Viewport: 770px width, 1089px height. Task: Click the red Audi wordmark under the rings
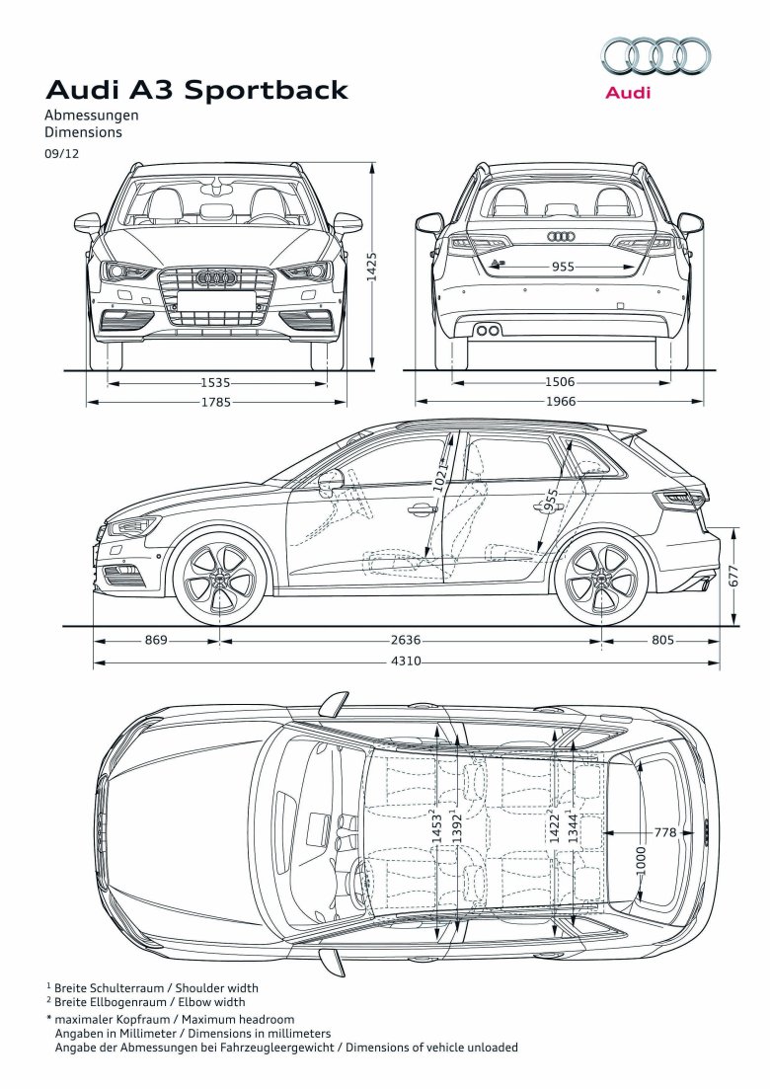(x=628, y=93)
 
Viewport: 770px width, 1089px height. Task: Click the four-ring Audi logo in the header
(x=655, y=55)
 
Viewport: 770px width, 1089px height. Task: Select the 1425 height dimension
(x=372, y=267)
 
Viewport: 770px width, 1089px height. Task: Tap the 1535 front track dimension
(x=215, y=382)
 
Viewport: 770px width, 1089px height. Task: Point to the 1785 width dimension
(x=215, y=402)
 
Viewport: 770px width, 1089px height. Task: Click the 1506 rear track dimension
(x=560, y=382)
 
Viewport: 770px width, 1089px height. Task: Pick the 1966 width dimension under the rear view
(x=560, y=402)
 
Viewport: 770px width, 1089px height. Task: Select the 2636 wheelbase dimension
(x=409, y=640)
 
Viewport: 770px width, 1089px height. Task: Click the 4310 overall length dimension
(x=409, y=661)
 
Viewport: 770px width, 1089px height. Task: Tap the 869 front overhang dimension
(x=156, y=640)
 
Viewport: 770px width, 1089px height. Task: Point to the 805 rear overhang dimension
(x=661, y=640)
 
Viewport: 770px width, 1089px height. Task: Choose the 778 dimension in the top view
(x=665, y=832)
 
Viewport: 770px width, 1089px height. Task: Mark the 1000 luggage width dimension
(x=642, y=859)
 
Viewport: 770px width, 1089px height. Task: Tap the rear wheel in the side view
(x=601, y=578)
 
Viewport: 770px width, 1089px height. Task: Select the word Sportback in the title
(x=267, y=91)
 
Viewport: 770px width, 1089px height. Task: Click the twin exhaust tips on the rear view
(x=488, y=330)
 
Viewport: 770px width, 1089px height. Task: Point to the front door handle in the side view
(x=422, y=509)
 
